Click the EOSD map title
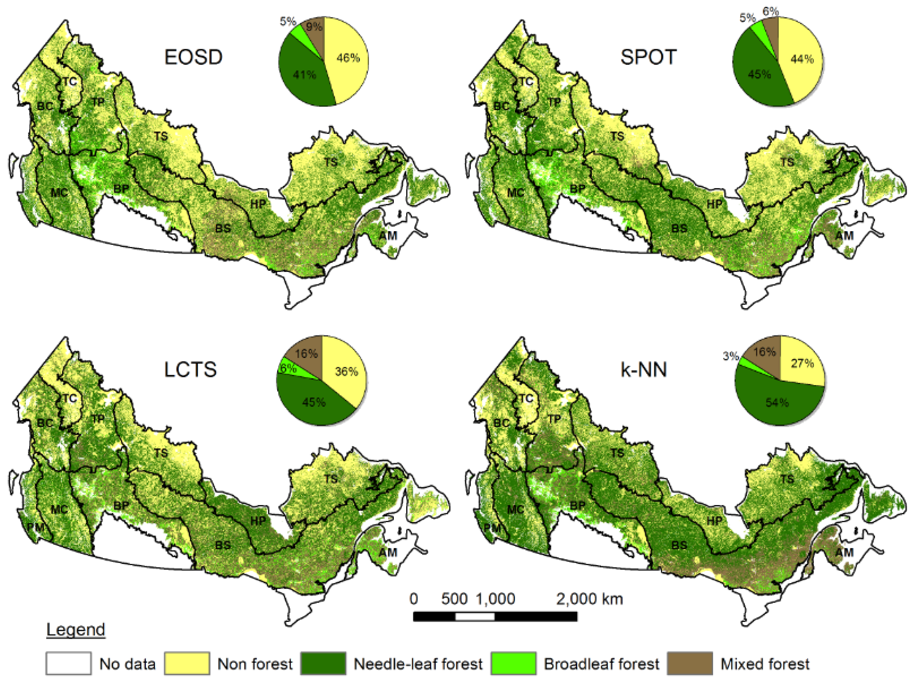click(193, 57)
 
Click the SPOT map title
click(648, 57)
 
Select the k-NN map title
click(643, 370)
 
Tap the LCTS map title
click(190, 370)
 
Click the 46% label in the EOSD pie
click(348, 58)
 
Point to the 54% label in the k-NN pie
click(777, 402)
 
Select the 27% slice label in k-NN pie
click(802, 363)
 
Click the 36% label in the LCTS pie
click(346, 372)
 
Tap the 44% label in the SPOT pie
click(802, 59)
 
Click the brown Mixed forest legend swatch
click(689, 663)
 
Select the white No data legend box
click(68, 663)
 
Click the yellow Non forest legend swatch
click(187, 663)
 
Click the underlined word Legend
click(76, 630)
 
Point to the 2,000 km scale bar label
click(589, 599)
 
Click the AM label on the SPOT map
click(844, 236)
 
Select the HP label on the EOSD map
click(258, 204)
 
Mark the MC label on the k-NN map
click(515, 510)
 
